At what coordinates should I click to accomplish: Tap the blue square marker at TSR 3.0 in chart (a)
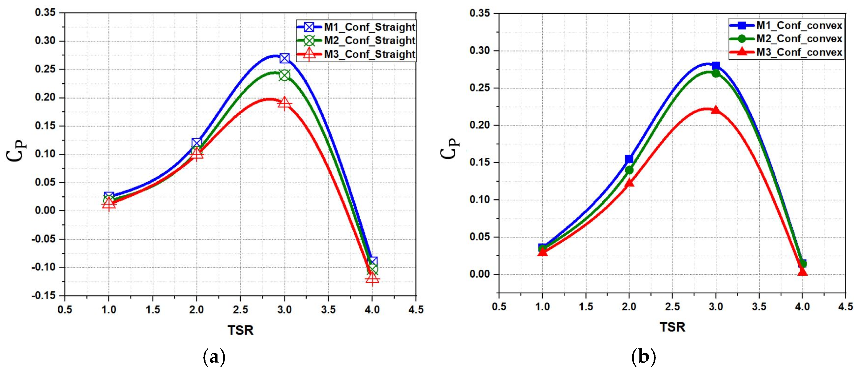285,58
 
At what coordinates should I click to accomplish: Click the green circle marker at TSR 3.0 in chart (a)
285,75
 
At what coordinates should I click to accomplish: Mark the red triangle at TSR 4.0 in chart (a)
372,278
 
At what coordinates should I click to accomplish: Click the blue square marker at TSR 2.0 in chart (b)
629,159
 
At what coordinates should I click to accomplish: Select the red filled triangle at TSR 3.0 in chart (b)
715,110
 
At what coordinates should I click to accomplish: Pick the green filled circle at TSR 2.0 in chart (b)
629,170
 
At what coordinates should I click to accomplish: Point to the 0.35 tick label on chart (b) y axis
480,13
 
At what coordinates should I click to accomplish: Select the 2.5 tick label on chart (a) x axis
240,310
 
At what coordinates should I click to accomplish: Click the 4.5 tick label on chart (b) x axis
845,306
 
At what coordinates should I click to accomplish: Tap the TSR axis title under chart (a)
240,330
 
